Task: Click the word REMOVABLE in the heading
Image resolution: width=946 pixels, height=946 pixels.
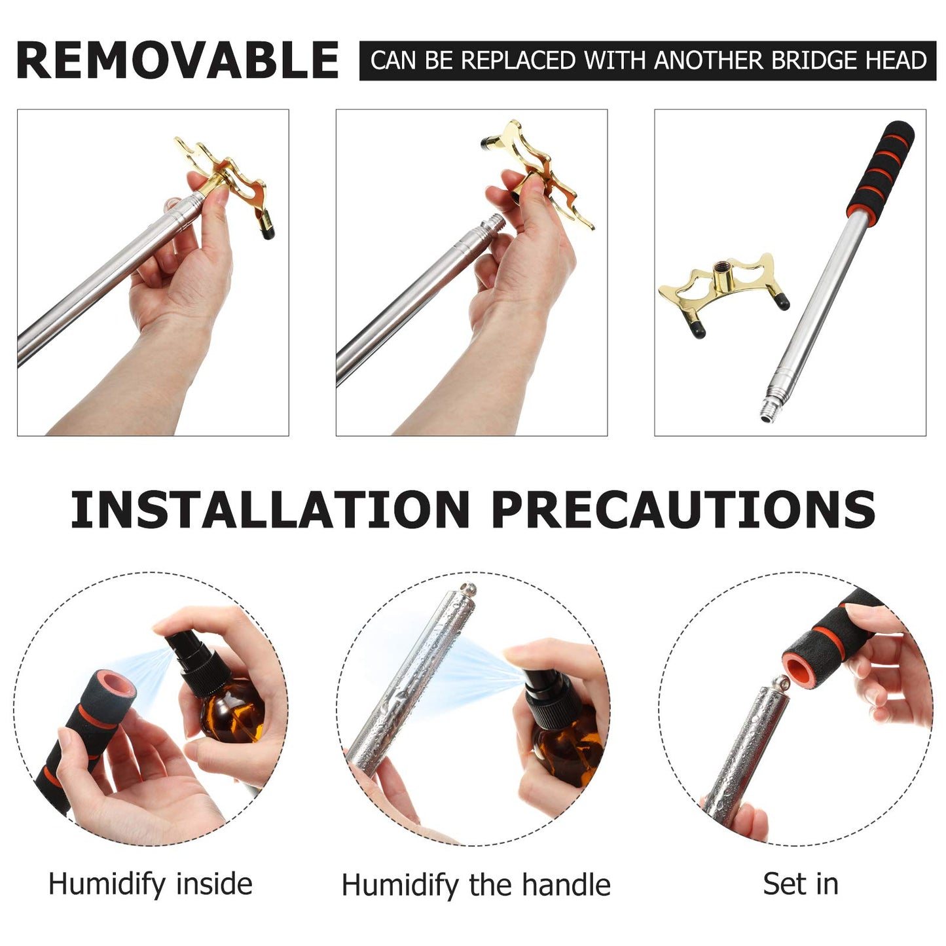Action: (x=177, y=60)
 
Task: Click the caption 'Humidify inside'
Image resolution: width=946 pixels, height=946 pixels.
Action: (x=151, y=884)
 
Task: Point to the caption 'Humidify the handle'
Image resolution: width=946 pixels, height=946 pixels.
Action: (x=476, y=885)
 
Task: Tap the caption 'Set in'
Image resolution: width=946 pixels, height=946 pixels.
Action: (x=800, y=884)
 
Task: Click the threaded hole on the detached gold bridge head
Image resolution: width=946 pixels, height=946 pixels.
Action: (x=725, y=268)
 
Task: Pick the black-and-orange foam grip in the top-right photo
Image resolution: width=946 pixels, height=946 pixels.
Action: (x=881, y=170)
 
